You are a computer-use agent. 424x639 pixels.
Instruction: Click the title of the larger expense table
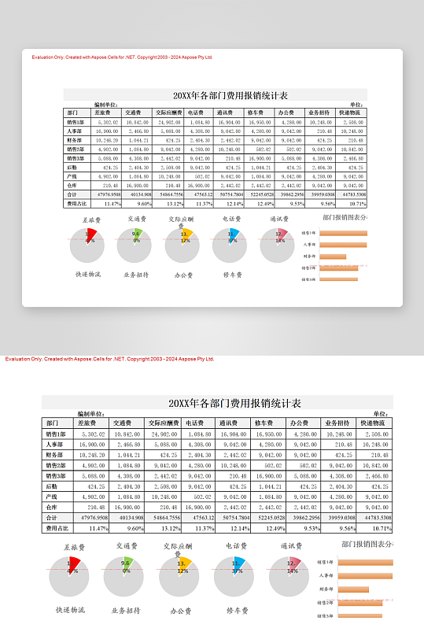(216, 403)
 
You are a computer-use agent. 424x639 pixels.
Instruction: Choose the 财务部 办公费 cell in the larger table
(301, 455)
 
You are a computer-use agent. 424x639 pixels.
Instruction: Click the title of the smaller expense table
(216, 95)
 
